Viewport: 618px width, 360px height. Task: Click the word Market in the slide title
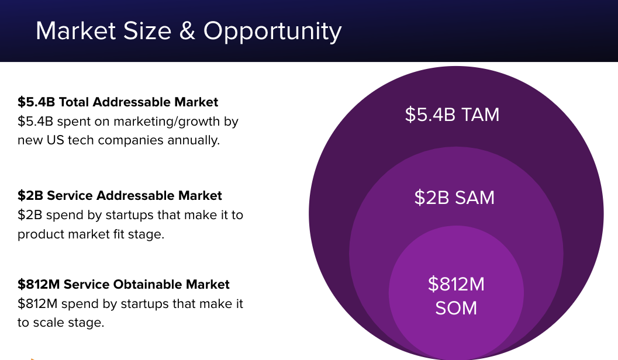[x=76, y=31]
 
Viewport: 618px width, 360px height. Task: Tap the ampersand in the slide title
[x=187, y=31]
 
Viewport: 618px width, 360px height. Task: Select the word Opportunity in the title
[x=272, y=32]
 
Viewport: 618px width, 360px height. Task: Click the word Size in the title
[x=147, y=31]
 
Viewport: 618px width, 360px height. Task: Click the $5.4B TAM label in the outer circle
[x=452, y=115]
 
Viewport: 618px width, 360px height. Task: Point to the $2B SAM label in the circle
[x=454, y=198]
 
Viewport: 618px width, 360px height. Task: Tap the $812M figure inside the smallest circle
[x=456, y=284]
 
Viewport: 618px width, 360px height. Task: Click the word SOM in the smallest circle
[x=456, y=308]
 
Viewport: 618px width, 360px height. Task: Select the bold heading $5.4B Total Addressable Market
[x=118, y=102]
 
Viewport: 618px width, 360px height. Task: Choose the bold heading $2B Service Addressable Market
[x=120, y=195]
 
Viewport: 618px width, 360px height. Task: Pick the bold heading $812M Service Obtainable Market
[x=123, y=285]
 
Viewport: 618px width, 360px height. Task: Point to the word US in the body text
[x=55, y=140]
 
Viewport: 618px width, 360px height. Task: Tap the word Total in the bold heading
[x=74, y=102]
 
